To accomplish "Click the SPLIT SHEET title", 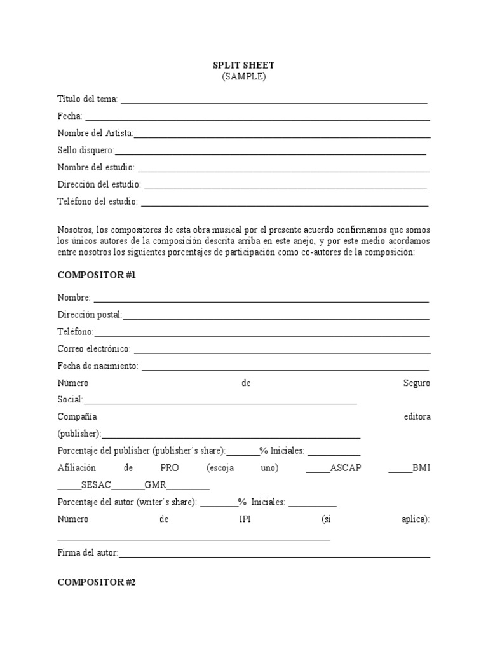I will (244, 65).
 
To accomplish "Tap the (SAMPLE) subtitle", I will (244, 76).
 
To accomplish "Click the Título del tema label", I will (88, 99).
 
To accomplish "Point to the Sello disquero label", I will (86, 151).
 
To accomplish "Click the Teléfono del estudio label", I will (97, 202).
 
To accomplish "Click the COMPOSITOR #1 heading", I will (97, 276).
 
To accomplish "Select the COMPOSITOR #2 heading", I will (97, 582).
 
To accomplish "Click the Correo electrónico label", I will (94, 349).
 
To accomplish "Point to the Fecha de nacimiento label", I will (98, 366).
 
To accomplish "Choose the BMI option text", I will (421, 468).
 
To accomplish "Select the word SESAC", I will (96, 485).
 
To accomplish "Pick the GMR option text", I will (156, 485).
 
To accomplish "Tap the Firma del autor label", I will (88, 553).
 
